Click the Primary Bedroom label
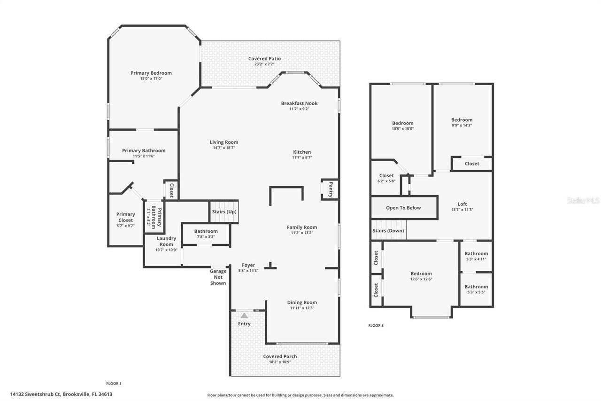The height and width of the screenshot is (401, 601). click(151, 73)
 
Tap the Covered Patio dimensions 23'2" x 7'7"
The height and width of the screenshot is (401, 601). click(264, 64)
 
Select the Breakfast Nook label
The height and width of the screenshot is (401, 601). click(299, 103)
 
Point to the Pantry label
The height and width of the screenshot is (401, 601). click(331, 189)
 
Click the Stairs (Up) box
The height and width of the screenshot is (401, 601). click(224, 212)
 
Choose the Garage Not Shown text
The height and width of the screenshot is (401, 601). click(218, 277)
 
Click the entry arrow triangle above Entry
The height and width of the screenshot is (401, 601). click(244, 316)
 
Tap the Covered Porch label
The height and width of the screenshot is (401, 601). click(280, 356)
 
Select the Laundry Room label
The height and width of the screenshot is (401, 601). click(166, 241)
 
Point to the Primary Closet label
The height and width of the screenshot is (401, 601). click(125, 217)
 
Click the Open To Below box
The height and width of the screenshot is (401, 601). click(403, 208)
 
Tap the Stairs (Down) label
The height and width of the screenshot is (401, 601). click(388, 231)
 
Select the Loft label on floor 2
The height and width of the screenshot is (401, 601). click(462, 204)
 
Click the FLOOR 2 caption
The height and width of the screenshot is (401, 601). click(376, 325)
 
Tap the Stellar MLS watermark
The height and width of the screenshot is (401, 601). click(583, 200)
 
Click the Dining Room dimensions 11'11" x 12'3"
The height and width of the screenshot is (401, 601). click(302, 308)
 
